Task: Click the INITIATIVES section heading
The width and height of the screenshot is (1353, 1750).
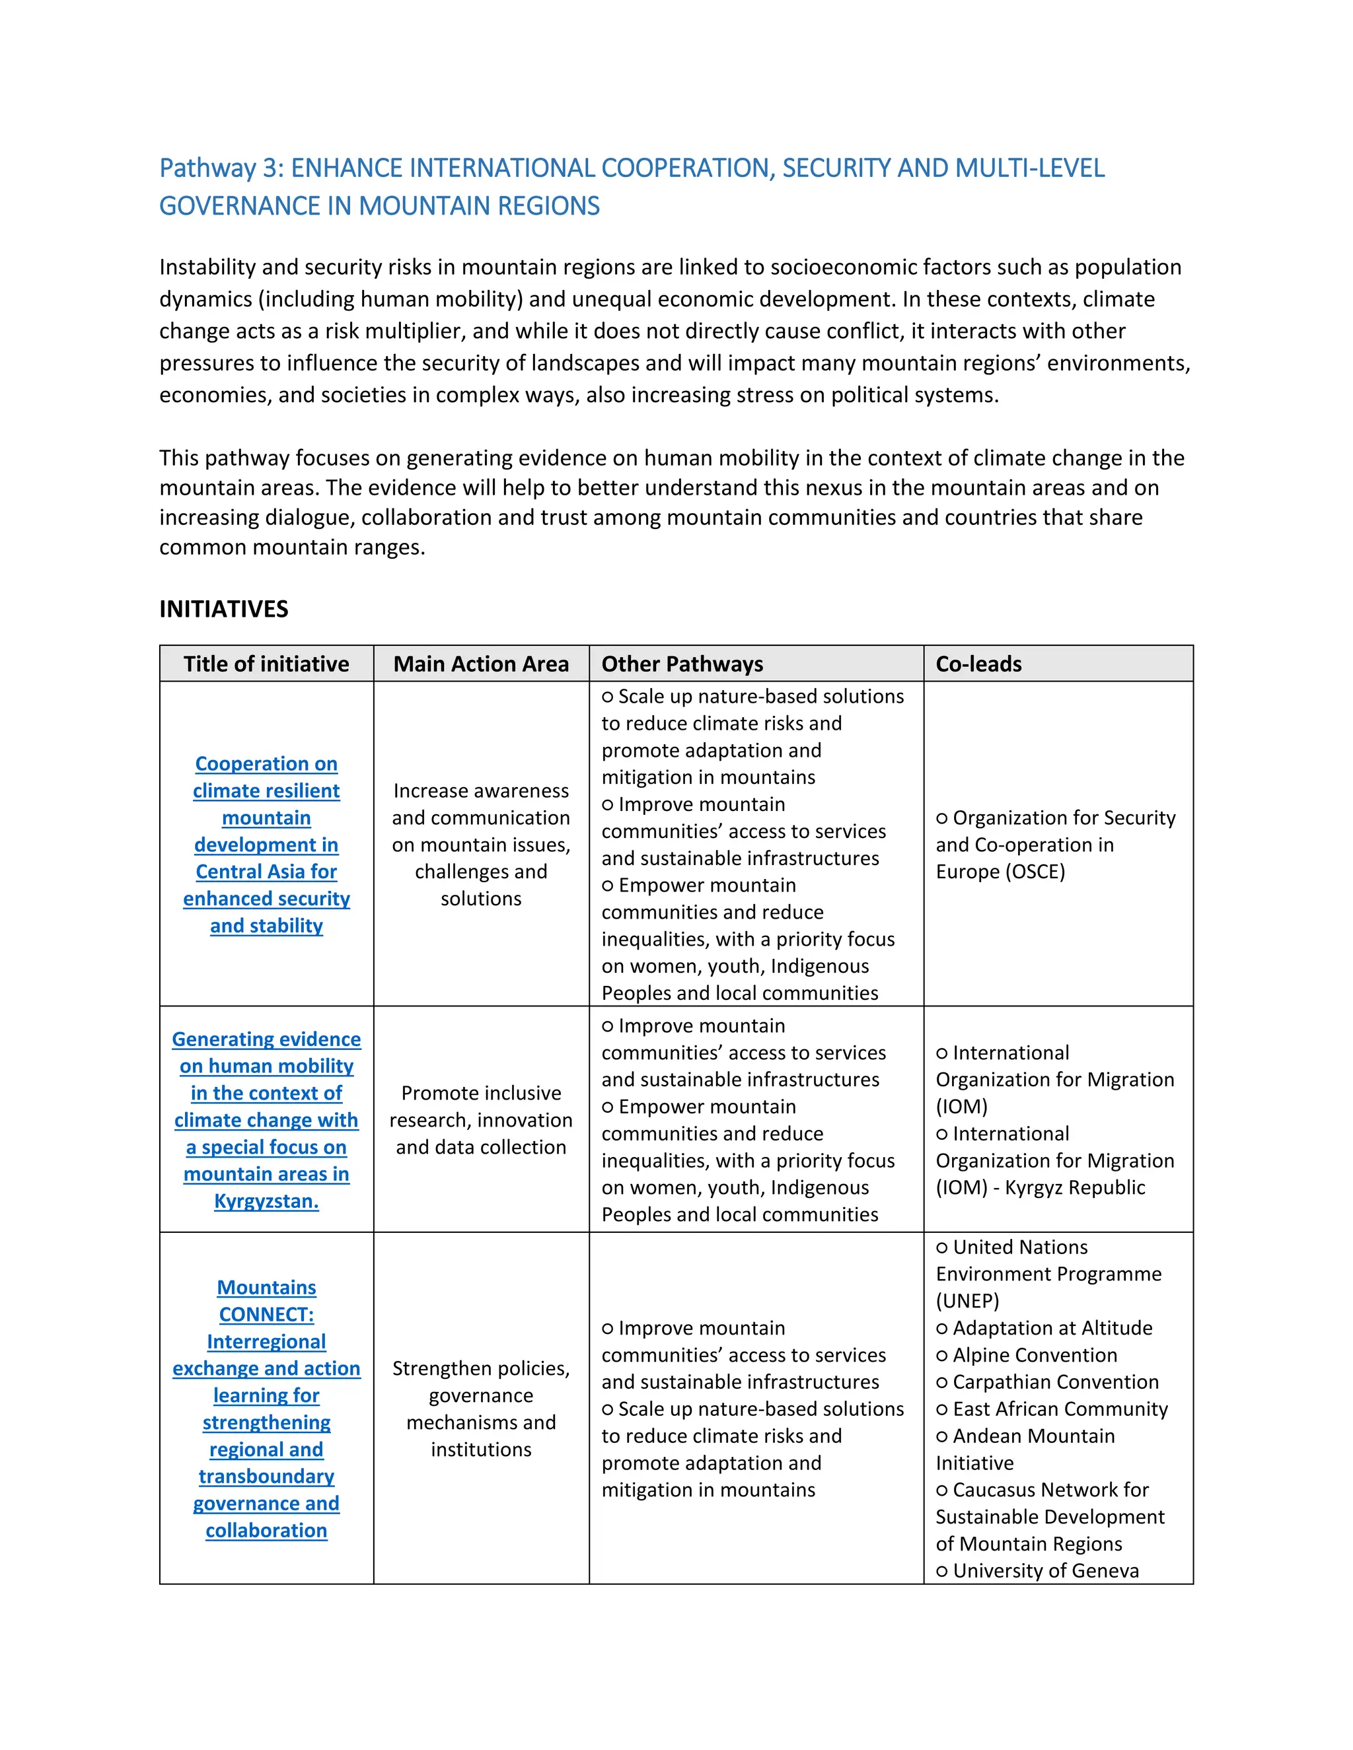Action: coord(224,609)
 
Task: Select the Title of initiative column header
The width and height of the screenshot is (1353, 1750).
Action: coord(266,664)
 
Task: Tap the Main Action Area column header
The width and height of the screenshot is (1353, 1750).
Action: coord(481,664)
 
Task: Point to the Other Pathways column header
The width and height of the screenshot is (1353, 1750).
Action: coord(682,664)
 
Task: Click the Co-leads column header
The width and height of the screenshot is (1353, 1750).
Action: coord(978,664)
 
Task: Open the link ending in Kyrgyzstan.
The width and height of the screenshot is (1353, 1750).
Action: coord(266,1201)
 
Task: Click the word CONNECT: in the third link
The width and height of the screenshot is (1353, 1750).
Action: coord(266,1314)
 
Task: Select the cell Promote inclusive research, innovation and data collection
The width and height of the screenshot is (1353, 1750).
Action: coord(481,1119)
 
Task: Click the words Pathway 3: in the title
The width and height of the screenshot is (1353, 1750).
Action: coord(222,168)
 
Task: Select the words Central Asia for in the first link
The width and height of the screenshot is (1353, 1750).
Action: coord(266,872)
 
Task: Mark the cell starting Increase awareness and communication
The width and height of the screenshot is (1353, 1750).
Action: coord(481,845)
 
